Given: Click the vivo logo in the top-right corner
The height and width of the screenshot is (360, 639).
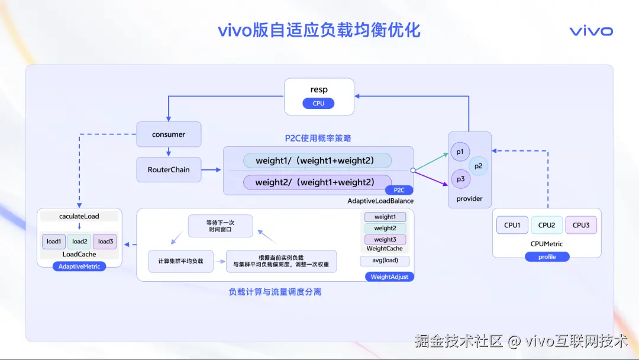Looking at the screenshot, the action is [591, 31].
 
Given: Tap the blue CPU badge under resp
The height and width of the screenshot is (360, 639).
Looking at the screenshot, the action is [318, 104].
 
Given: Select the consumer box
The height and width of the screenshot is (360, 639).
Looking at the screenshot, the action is [169, 134].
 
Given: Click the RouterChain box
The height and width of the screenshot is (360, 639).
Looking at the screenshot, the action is [169, 169].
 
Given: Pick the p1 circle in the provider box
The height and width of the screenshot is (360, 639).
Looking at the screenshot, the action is [460, 152].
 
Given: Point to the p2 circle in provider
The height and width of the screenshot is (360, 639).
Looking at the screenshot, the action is [479, 166].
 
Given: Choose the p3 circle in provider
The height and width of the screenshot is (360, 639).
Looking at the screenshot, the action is [460, 179].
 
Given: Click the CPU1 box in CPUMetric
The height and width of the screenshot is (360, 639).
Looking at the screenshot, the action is [512, 225].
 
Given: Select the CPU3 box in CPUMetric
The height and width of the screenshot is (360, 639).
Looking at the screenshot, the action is [581, 225].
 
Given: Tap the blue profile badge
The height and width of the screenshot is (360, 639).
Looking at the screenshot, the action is [547, 257].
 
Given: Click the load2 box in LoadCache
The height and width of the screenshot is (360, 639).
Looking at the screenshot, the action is [79, 242].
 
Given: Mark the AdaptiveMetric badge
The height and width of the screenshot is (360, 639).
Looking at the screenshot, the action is [79, 266].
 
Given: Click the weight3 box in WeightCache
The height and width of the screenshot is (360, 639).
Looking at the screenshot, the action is [385, 239].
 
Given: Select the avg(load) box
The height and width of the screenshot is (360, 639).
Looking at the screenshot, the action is [385, 261].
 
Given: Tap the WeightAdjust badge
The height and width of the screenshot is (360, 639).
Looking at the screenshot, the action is [389, 277].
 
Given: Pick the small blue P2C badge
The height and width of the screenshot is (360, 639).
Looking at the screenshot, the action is [399, 190].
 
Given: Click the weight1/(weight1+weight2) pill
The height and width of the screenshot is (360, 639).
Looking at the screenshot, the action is [318, 160].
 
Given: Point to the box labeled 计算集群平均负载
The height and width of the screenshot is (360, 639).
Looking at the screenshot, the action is [180, 261].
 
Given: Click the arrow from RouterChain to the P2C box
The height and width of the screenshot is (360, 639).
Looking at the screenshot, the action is [211, 169].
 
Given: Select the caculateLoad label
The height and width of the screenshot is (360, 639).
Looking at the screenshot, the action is [79, 216].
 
